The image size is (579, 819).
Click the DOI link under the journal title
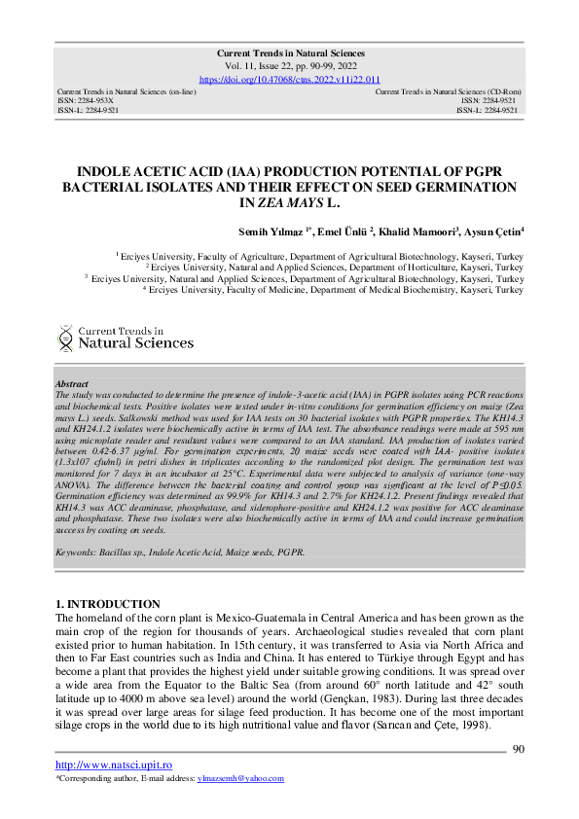point(289,79)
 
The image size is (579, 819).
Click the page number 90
point(518,748)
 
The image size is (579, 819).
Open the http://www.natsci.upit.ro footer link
point(101,766)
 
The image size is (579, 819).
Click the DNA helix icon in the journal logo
point(65,338)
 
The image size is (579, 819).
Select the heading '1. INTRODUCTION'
point(108,604)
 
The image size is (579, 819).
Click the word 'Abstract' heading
point(72,385)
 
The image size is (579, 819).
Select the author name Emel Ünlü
point(344,231)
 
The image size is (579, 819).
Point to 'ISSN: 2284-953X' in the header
point(87,100)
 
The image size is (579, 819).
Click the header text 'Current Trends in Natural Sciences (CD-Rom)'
point(448,91)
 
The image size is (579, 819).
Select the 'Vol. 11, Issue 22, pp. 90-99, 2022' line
point(289,67)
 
